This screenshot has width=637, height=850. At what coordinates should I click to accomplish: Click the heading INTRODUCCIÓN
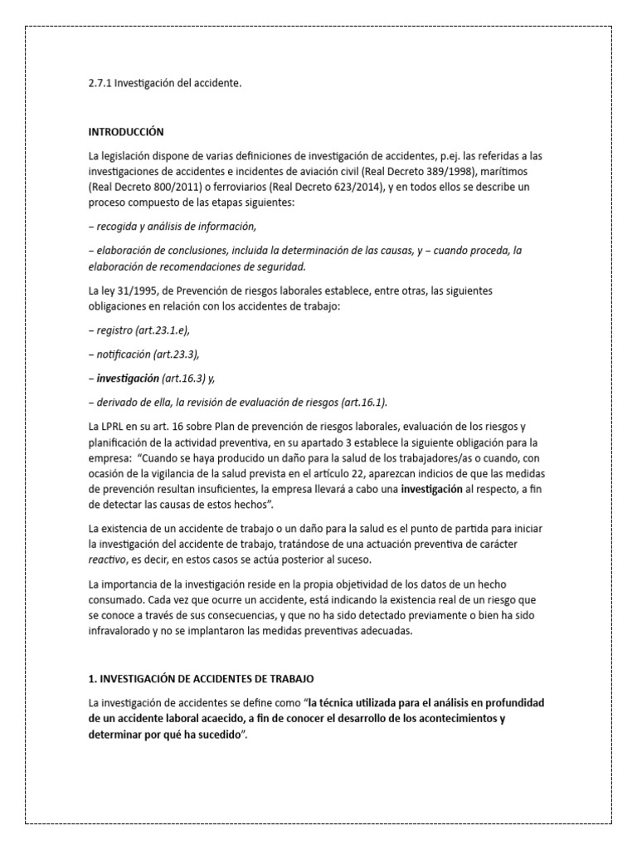tap(126, 131)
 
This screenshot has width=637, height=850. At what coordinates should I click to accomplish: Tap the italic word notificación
tap(124, 354)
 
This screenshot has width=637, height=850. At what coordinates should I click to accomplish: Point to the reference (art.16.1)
tap(362, 403)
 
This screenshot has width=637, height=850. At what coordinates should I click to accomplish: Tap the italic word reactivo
tap(108, 559)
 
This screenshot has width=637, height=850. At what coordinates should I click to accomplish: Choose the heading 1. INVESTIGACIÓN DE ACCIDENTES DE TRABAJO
tap(202, 679)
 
